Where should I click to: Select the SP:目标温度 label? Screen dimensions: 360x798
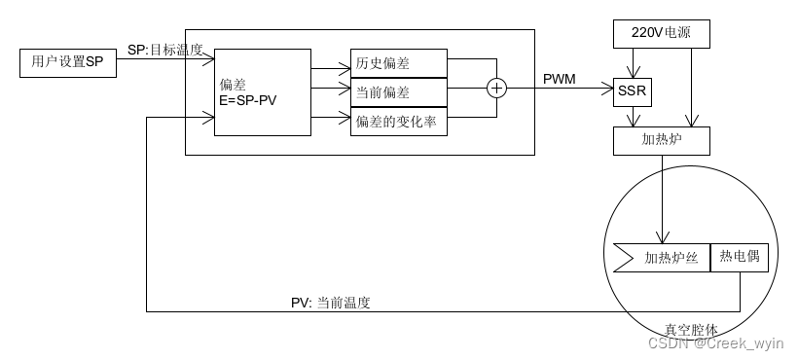(165, 50)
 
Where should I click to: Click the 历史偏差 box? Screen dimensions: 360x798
(399, 63)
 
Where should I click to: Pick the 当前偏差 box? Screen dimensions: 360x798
(399, 91)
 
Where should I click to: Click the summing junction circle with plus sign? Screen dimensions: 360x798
(496, 90)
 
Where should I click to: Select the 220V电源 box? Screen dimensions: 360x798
(662, 34)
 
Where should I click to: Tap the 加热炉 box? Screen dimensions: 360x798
(662, 140)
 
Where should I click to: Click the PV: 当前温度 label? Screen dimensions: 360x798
(331, 303)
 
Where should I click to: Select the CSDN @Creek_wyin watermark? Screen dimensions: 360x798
(715, 342)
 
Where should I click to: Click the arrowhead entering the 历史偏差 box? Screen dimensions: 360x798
(345, 68)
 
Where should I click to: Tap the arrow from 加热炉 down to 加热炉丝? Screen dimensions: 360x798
(662, 199)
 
